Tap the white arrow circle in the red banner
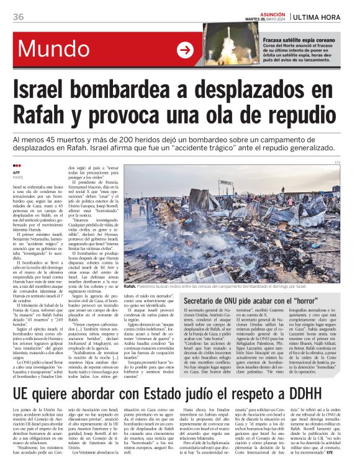click(185, 50)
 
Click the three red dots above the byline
click(17, 166)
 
